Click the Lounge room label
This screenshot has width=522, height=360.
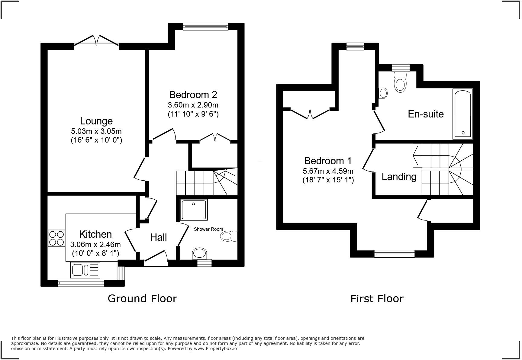point(96,121)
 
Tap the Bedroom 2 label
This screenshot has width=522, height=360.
point(193,95)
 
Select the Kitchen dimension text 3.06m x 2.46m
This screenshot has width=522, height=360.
point(95,244)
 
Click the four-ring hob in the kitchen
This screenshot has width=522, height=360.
point(56,238)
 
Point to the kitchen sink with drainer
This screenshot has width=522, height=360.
point(85,270)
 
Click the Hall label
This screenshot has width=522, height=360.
point(159,237)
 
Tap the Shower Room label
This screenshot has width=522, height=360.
point(208,229)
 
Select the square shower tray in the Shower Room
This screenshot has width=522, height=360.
point(194,210)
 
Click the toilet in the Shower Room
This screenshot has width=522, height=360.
point(229,236)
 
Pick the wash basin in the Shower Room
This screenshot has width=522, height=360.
point(200,254)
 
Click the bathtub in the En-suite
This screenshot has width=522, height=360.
point(463,114)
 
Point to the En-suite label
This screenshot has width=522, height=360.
point(426,114)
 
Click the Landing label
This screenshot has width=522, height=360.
point(399,176)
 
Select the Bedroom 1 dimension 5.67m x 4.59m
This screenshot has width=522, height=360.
point(328,171)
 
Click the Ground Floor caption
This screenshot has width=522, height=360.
point(142,298)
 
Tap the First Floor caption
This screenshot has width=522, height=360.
point(377,298)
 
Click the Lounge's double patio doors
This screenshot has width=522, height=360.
point(97,41)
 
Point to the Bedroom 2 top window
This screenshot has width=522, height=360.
point(205,27)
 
